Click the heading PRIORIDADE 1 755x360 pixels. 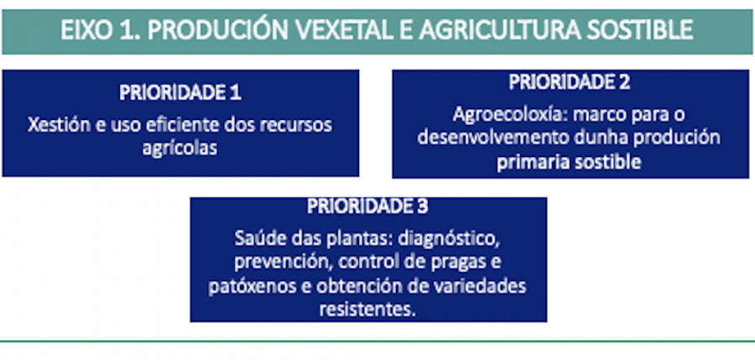(180, 92)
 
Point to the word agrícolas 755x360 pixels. (180, 148)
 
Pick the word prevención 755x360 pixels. (273, 260)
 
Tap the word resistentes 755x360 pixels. (367, 309)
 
